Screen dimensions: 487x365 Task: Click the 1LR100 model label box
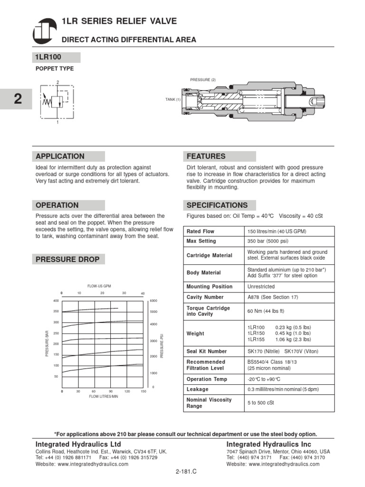point(56,58)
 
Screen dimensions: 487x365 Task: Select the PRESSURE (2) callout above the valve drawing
point(203,80)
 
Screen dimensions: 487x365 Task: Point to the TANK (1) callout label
point(173,99)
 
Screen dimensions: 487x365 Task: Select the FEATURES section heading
point(219,156)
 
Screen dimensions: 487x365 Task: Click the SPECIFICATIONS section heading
point(219,205)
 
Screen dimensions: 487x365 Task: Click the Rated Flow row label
point(201,231)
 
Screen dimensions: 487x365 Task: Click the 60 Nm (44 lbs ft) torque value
point(266,311)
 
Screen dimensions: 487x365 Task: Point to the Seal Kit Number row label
point(207,351)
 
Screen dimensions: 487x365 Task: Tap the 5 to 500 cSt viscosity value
point(261,403)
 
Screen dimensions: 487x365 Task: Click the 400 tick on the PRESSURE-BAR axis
point(56,301)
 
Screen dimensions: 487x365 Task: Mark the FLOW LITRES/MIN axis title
point(103,396)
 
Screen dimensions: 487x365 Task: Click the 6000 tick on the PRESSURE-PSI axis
point(154,301)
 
